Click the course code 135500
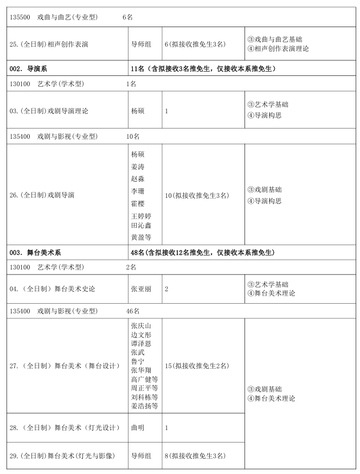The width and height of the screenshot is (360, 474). click(x=21, y=17)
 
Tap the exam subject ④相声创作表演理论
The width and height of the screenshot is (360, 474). click(x=278, y=49)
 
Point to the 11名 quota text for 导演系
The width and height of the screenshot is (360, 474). click(x=137, y=69)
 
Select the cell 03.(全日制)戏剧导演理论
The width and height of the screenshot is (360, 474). click(x=49, y=111)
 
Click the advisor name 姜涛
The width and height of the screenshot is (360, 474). click(x=138, y=166)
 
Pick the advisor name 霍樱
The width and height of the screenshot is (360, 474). click(x=138, y=204)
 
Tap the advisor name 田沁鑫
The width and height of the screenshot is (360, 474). click(x=141, y=226)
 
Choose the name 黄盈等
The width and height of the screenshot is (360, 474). click(x=141, y=238)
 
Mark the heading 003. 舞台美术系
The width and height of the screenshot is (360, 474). click(x=36, y=253)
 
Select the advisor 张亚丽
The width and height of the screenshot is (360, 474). click(x=141, y=289)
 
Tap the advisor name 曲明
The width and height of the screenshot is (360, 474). click(x=138, y=428)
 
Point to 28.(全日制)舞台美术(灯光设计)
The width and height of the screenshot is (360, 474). click(x=65, y=428)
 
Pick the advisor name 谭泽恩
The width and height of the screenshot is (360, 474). click(x=141, y=344)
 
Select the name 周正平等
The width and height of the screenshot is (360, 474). click(x=144, y=388)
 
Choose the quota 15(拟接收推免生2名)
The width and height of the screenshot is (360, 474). click(x=197, y=366)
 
